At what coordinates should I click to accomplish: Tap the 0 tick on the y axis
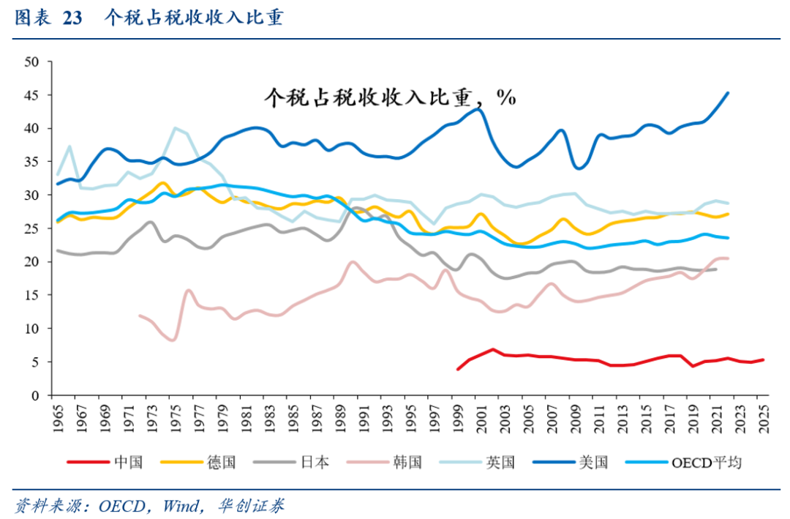34,395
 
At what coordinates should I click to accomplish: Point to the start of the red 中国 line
458,369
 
